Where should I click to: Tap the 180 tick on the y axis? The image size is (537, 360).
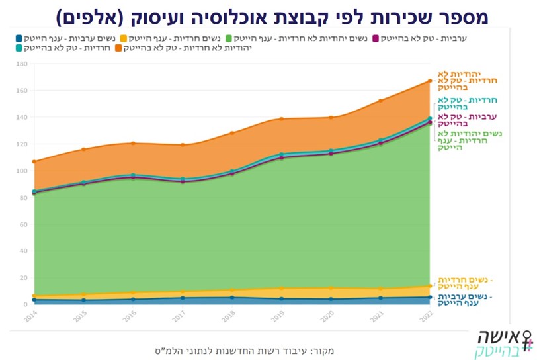click(x=22, y=64)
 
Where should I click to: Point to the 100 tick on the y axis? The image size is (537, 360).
click(x=22, y=171)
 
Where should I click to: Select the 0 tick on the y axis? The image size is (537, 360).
click(x=25, y=304)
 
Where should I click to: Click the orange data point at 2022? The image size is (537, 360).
click(x=430, y=81)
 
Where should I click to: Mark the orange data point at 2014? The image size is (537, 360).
click(x=34, y=161)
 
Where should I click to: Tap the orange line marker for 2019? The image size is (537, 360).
click(x=281, y=119)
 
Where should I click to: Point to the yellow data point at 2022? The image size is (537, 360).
click(x=430, y=286)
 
